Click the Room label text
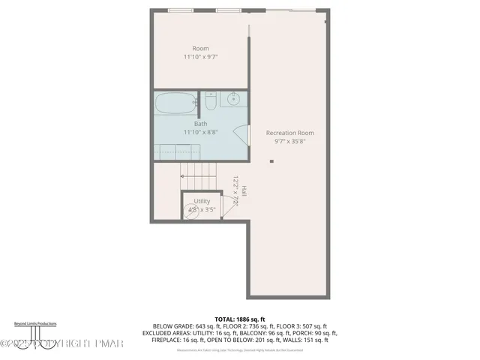click(x=200, y=49)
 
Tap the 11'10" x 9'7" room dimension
click(x=200, y=57)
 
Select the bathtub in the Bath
click(x=175, y=103)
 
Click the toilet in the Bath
click(x=211, y=100)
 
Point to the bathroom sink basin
click(x=233, y=98)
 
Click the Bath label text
click(x=200, y=124)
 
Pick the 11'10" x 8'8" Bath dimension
click(x=200, y=132)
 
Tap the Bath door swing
click(x=242, y=133)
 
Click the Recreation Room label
click(x=289, y=133)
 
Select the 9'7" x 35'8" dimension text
click(x=289, y=141)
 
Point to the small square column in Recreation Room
click(x=272, y=161)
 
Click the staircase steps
click(x=199, y=181)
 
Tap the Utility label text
click(x=202, y=201)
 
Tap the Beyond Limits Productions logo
click(x=36, y=329)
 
